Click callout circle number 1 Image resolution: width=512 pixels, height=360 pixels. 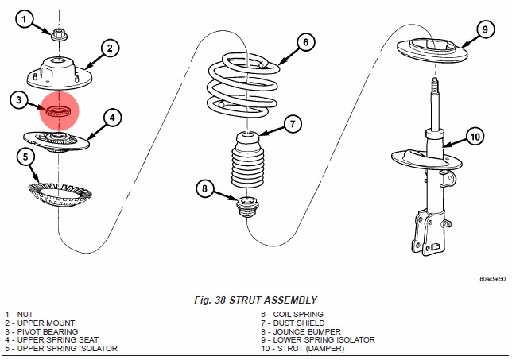(x=27, y=19)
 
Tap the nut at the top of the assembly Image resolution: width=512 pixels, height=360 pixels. (x=59, y=35)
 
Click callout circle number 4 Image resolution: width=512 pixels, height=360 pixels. (x=111, y=118)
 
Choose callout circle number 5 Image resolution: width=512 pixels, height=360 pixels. (x=27, y=157)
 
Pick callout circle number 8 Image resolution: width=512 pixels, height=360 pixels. (x=205, y=189)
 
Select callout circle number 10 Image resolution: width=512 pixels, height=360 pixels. (x=475, y=137)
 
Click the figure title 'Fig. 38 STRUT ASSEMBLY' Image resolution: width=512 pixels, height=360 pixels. (x=255, y=300)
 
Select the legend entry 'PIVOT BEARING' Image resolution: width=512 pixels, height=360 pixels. (x=48, y=331)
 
